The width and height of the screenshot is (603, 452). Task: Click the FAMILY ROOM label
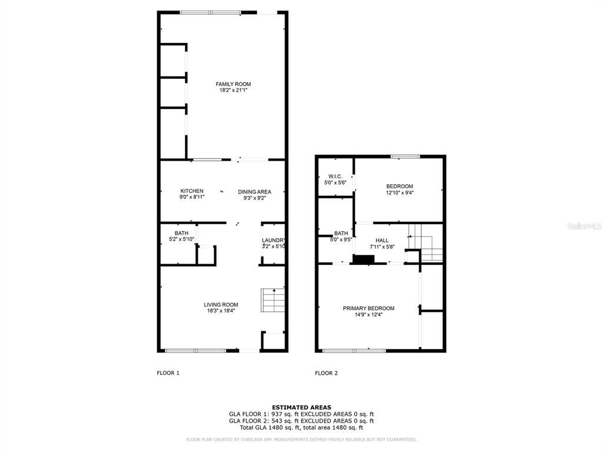pos(233,84)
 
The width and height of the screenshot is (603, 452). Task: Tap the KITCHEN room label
pos(192,191)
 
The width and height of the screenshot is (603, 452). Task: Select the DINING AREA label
pos(254,192)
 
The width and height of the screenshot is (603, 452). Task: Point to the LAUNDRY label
pos(274,240)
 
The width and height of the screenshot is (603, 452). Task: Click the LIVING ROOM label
pos(221,305)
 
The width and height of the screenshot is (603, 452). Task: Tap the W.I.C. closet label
pos(334,176)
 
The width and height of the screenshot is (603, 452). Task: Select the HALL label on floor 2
pos(382,240)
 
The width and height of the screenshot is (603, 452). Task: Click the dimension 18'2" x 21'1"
pos(233,91)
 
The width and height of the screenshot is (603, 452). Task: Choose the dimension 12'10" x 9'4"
pos(399,193)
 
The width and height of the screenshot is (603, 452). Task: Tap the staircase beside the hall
pos(425,242)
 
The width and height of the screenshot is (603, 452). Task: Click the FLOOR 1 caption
pos(168,373)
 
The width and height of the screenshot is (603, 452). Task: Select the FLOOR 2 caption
pos(326,373)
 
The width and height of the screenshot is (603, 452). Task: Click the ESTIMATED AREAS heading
pos(301,407)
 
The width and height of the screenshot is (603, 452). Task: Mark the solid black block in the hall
pos(363,260)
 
